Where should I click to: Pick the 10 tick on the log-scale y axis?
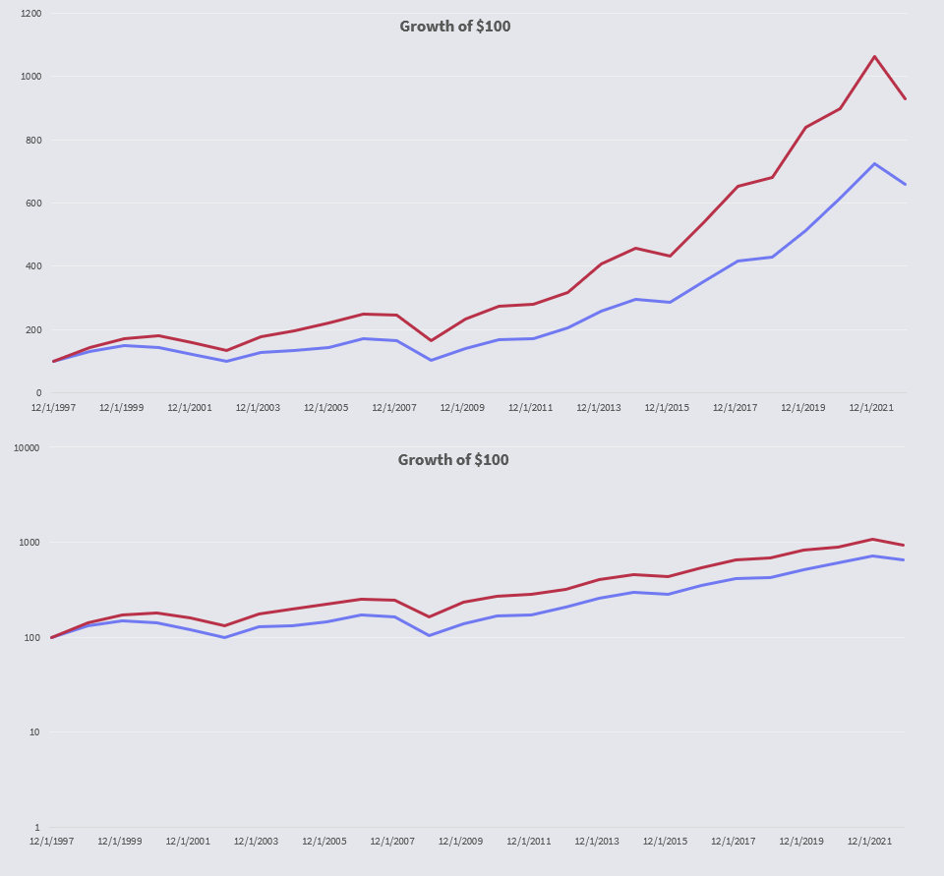33,732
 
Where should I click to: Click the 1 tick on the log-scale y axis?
36,828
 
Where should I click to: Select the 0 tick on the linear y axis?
37,393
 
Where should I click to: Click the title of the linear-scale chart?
454,27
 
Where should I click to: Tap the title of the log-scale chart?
453,460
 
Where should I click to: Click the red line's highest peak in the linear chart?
873,56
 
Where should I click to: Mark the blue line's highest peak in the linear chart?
873,163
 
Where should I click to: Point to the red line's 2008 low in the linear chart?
431,341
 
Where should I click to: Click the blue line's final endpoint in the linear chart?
905,184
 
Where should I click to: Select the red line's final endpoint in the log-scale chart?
905,545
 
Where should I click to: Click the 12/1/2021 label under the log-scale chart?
870,842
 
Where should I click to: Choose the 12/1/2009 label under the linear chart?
461,407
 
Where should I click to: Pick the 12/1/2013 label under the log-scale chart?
598,842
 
